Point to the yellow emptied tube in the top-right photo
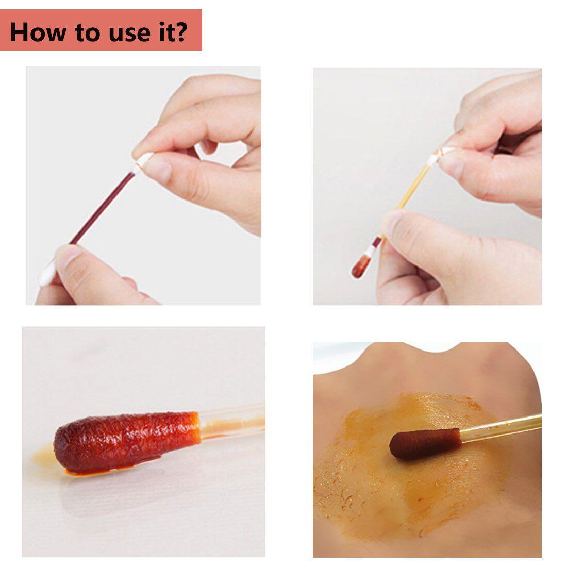[x=407, y=201]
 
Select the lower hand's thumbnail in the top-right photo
[x=394, y=224]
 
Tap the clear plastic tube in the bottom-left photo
[x=232, y=420]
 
